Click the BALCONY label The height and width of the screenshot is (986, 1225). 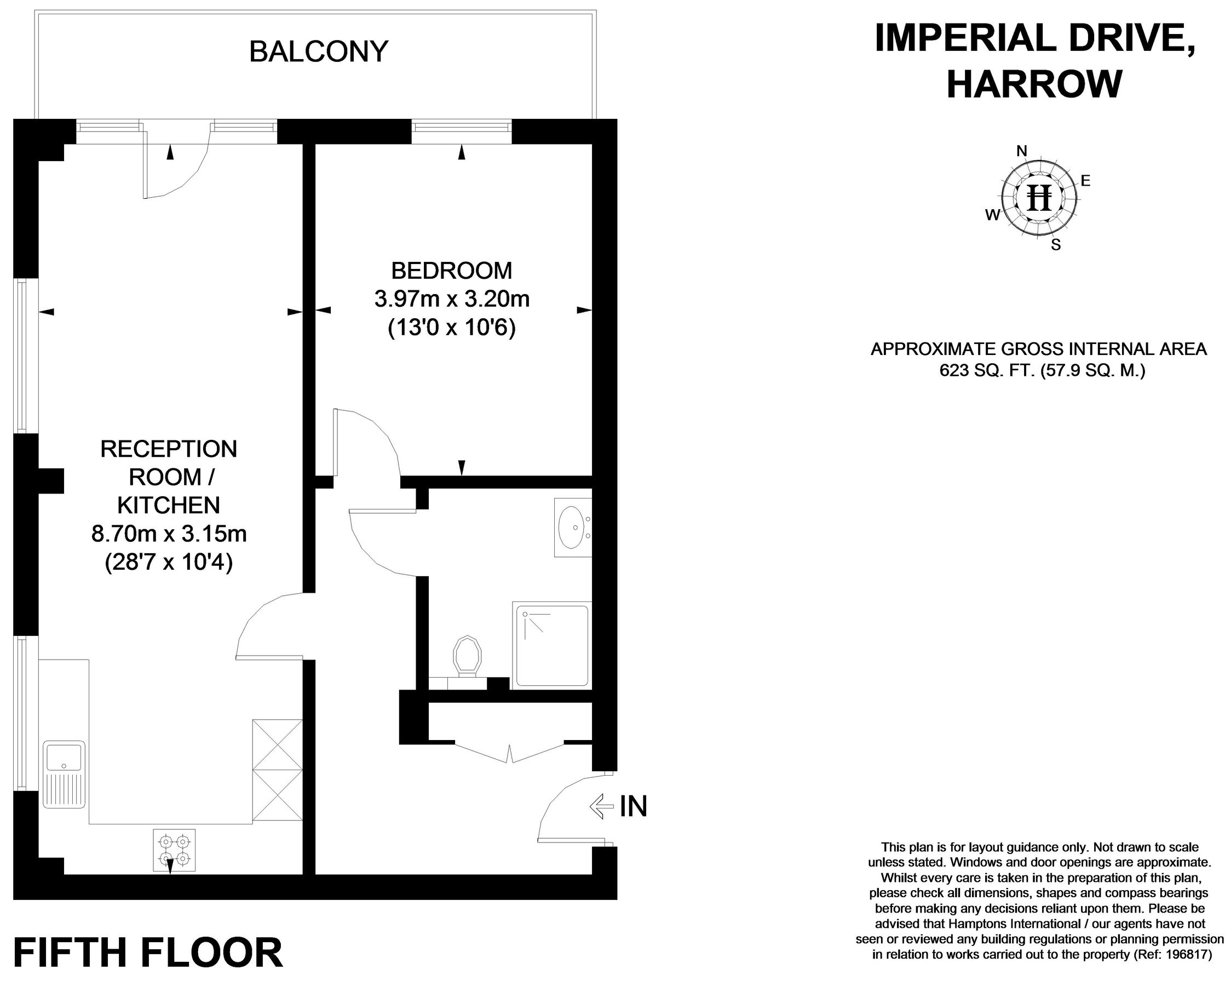tap(318, 51)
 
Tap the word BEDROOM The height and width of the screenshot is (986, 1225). tap(452, 271)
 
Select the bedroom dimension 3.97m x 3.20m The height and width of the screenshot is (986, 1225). tap(452, 299)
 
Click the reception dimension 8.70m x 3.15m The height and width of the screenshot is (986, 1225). tap(169, 534)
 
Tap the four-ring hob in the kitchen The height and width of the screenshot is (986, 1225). tap(174, 850)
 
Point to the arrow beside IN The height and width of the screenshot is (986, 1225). tap(602, 806)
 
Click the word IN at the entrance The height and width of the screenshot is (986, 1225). tap(634, 806)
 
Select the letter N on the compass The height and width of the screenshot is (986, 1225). tap(1022, 151)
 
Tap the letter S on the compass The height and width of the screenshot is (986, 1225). tap(1056, 245)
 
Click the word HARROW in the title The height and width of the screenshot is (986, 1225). tap(1034, 84)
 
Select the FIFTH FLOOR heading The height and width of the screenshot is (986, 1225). tap(148, 954)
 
